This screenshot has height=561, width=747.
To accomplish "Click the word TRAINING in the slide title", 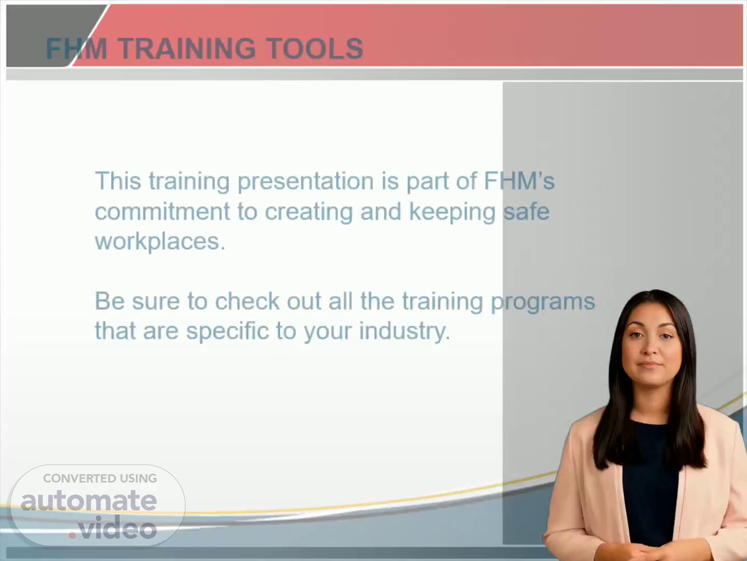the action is tap(187, 48).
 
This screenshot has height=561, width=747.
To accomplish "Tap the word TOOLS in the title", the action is tap(314, 48).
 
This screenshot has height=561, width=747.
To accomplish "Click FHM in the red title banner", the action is tap(77, 48).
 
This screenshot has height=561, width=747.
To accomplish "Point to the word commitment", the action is tap(162, 211).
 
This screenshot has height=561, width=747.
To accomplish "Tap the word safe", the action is tap(527, 211).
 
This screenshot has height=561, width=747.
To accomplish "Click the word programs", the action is tap(543, 302).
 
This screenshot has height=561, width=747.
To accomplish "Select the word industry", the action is tap(405, 331).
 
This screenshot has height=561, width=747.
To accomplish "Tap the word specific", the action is tap(227, 331).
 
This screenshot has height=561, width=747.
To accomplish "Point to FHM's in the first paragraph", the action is tap(519, 180).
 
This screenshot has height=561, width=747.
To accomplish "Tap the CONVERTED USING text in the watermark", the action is tap(100, 478).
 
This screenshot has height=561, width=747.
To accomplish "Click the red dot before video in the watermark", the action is tap(72, 535).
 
